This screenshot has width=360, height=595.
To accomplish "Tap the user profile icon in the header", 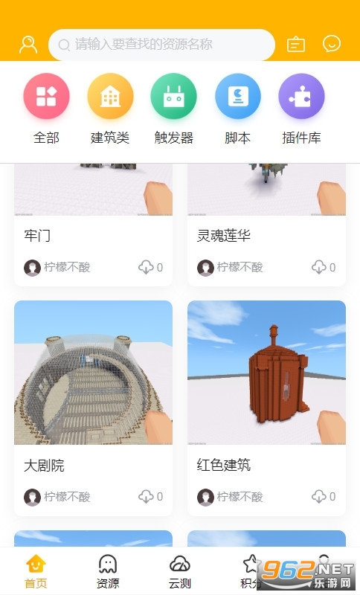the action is point(28,45).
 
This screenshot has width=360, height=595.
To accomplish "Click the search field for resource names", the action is point(161,45).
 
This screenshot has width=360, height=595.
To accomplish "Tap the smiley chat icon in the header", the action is point(332,44).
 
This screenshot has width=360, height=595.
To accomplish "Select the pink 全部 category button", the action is point(46,96).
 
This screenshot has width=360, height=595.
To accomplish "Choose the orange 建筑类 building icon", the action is point(110,96).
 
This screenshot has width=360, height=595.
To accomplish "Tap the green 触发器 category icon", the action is point(174,96).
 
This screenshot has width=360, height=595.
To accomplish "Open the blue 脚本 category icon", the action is point(238,96).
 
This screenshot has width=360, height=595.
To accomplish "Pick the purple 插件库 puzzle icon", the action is point(301,96).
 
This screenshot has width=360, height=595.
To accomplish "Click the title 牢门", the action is point(36,236).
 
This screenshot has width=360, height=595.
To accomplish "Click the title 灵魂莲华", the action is point(224,236).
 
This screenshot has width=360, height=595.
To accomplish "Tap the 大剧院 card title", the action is point(44,466).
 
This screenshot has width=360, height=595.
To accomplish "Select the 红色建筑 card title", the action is point(224,465).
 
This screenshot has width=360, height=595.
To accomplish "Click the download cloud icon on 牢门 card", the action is point(146,267).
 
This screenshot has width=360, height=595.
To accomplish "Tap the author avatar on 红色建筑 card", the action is point(205,497).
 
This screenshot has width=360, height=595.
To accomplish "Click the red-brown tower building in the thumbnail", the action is point(279,375).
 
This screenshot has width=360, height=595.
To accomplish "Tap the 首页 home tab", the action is point(36,571).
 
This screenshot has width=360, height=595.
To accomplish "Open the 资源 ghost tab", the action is point(108,571).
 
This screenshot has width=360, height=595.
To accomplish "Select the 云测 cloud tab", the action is point(180,571).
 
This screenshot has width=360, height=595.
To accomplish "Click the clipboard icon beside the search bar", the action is point(296,44).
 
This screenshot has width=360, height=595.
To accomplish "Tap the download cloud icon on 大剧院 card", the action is point(146,496).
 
